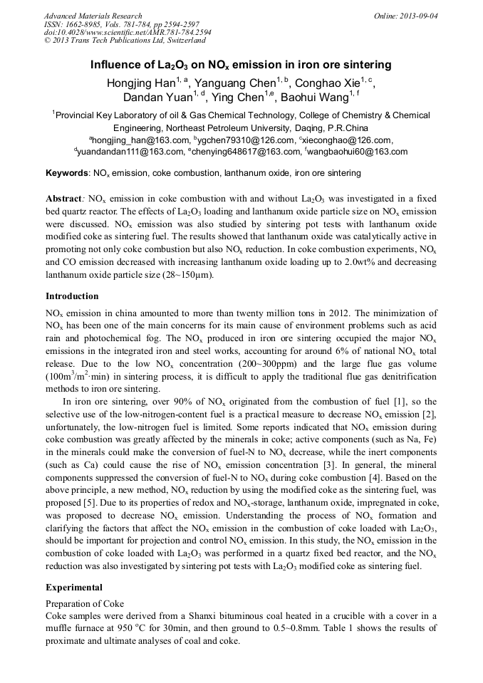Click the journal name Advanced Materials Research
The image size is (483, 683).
tap(93, 16)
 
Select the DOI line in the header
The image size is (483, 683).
tap(128, 33)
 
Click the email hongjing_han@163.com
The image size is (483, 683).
tap(140, 140)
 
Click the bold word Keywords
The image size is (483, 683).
tap(67, 173)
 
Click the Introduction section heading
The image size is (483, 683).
tap(72, 296)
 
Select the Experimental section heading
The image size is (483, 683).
tap(74, 588)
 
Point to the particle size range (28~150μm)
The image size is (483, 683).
tap(182, 275)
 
